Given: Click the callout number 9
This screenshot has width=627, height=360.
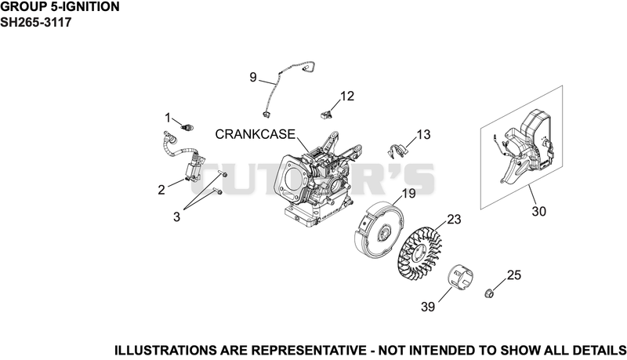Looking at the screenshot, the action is tap(252, 77).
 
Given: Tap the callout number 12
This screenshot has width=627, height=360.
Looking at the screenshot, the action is tap(347, 96).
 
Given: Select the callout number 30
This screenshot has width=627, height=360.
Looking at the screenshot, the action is tap(538, 211).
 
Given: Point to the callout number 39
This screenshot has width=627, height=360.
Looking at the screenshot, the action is tap(428, 307).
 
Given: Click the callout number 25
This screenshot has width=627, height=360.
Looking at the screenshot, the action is tap(514, 275).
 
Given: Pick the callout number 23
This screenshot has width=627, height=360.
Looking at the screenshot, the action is tap(454, 219).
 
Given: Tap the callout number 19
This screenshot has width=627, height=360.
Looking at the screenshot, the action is tap(408, 193).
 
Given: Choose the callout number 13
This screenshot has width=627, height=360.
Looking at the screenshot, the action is tap(423, 134).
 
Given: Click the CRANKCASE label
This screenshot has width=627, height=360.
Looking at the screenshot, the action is tap(256, 134).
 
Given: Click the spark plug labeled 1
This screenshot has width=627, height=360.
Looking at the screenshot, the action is tap(187, 128).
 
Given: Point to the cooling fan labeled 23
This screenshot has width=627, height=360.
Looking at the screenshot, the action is tap(420, 250).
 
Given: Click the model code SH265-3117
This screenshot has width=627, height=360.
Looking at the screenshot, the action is tap(35, 23).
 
